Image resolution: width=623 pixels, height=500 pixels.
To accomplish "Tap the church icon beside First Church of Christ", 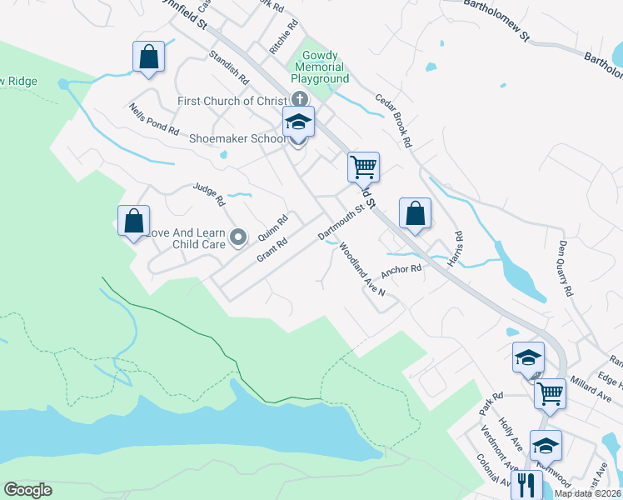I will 299,101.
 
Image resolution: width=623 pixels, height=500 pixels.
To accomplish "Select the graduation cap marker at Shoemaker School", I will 298,122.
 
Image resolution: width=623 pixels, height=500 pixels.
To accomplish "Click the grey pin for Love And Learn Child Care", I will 238,238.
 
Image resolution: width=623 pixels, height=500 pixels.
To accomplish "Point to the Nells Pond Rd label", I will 154,119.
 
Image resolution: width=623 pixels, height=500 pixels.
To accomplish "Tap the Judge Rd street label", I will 209,196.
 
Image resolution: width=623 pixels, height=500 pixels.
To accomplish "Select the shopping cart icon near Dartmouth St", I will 363,167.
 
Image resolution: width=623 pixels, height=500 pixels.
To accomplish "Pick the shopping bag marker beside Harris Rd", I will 415,213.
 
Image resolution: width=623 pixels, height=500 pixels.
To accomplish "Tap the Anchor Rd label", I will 401,270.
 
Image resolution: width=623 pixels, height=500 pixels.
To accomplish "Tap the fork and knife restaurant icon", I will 526,485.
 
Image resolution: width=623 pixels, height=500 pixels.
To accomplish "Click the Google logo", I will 27,490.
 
